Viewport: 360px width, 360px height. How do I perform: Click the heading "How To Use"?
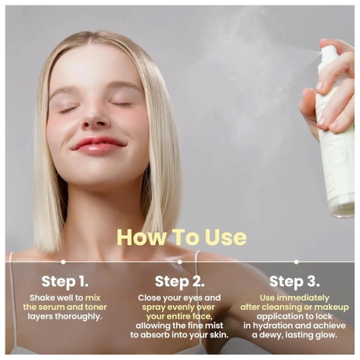(182, 237)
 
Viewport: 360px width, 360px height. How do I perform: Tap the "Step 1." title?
(65, 282)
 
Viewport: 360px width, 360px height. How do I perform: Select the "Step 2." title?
(180, 282)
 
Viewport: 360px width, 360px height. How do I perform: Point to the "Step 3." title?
(294, 282)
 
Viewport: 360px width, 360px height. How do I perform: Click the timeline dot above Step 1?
(63, 261)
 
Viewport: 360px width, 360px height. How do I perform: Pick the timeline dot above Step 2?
(179, 261)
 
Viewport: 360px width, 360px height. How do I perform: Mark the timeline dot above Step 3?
(296, 261)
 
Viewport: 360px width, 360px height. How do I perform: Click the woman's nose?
(95, 117)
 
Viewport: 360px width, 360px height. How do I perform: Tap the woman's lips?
(98, 146)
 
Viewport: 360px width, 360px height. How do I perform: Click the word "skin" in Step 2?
(218, 335)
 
